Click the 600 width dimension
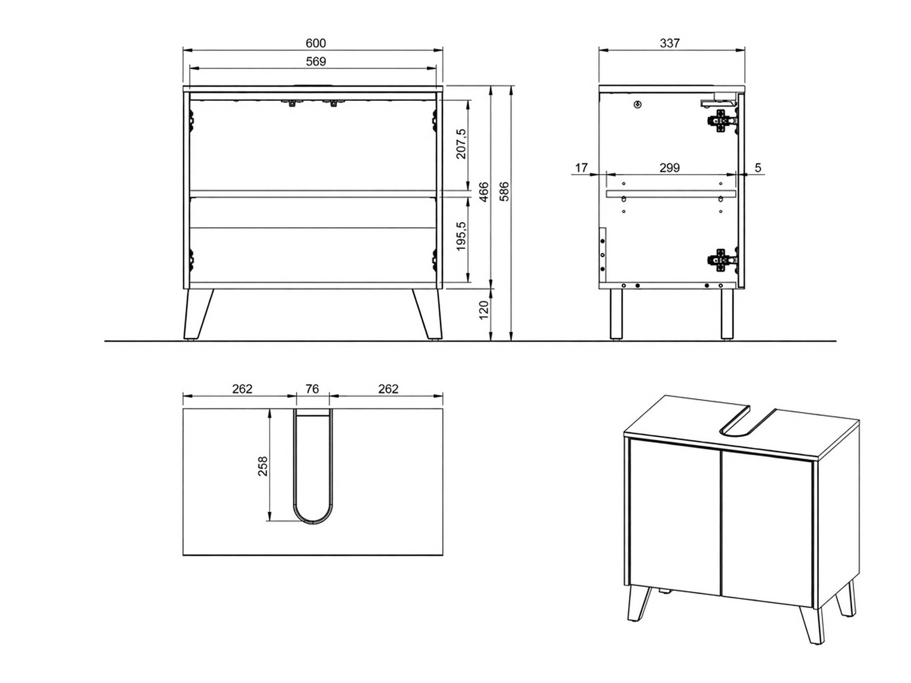click(x=315, y=43)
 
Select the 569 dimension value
click(x=315, y=61)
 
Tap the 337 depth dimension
click(x=670, y=43)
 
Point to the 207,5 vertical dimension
click(x=461, y=143)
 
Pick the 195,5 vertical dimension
click(x=461, y=236)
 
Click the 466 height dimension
click(x=484, y=192)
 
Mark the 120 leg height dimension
click(x=484, y=309)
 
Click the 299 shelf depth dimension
click(x=670, y=167)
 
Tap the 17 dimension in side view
click(x=581, y=167)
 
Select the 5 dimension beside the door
click(x=758, y=167)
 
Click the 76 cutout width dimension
click(x=312, y=389)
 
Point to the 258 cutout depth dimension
click(x=262, y=466)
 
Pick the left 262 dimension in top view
click(x=242, y=389)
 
